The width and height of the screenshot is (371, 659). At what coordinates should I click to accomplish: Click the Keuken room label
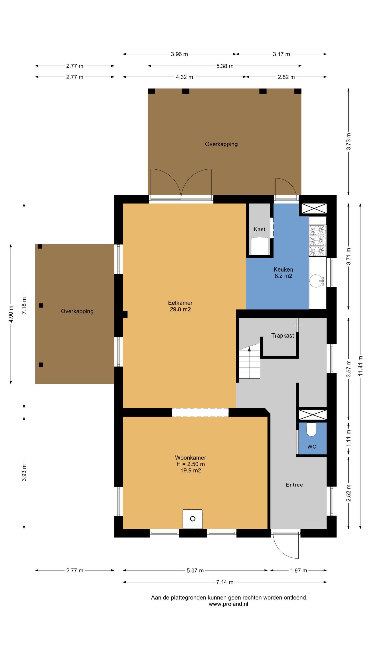point(283,270)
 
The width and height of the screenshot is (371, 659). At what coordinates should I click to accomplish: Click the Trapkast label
point(283,336)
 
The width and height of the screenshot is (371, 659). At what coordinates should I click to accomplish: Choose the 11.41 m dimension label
point(360,366)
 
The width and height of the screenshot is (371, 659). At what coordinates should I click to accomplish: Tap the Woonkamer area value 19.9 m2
point(191,471)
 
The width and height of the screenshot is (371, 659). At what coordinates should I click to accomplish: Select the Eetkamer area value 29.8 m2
point(180,309)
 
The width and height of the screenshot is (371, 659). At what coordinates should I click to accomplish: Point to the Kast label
point(259,229)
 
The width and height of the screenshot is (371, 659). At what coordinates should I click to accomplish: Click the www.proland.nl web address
point(229,604)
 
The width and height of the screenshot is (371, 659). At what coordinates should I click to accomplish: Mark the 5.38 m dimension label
point(225,66)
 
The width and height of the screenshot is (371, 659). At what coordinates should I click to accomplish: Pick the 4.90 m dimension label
point(11,314)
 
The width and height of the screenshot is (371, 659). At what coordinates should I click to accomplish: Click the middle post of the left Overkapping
point(41,306)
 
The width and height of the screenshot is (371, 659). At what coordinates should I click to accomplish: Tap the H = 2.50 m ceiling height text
point(191,464)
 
